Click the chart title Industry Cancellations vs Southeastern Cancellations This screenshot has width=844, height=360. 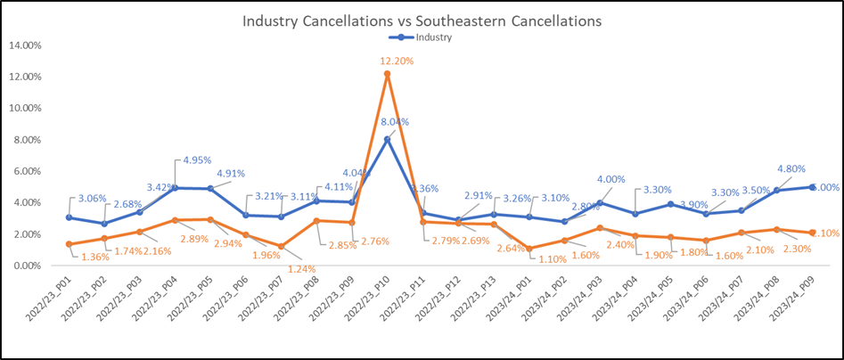(422, 20)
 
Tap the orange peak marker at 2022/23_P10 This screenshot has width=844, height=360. (387, 74)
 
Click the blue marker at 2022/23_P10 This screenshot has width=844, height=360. (387, 139)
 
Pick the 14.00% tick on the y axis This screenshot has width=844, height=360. (30, 45)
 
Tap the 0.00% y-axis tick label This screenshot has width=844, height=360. (32, 266)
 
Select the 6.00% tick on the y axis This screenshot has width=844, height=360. (32, 171)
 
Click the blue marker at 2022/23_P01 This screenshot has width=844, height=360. (70, 217)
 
